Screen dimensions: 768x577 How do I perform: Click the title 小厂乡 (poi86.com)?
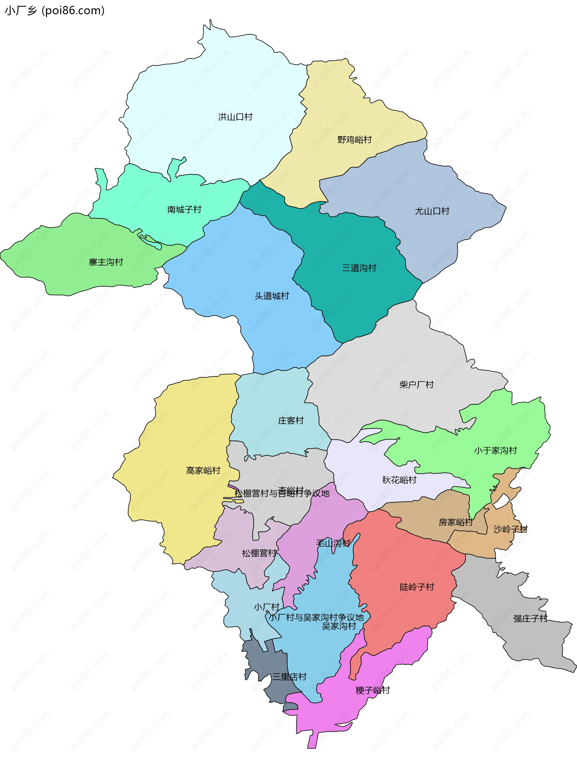coord(54,11)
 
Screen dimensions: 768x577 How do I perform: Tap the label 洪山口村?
coord(235,117)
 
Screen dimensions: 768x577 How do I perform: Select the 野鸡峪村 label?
coord(354,140)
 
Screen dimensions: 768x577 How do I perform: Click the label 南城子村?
coord(184,210)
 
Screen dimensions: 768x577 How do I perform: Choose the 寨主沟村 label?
coord(106,262)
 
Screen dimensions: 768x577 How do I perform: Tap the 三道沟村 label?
coord(359,268)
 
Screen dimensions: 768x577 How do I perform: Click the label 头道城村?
coord(272,296)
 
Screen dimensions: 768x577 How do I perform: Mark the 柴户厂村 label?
coord(416,385)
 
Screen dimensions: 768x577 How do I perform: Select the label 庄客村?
coord(291,420)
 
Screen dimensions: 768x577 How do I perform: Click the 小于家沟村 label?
coord(496,450)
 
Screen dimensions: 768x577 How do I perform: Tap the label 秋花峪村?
coord(399,480)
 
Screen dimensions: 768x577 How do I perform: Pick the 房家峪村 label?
coord(455,522)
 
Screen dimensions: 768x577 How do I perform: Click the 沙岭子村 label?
coord(510,529)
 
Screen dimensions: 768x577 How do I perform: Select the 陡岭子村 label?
coord(417,587)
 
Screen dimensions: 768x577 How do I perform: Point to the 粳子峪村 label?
coord(373,690)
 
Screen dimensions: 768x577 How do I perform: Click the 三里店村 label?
coord(289,677)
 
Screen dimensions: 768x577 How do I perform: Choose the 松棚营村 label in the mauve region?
coord(259,553)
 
